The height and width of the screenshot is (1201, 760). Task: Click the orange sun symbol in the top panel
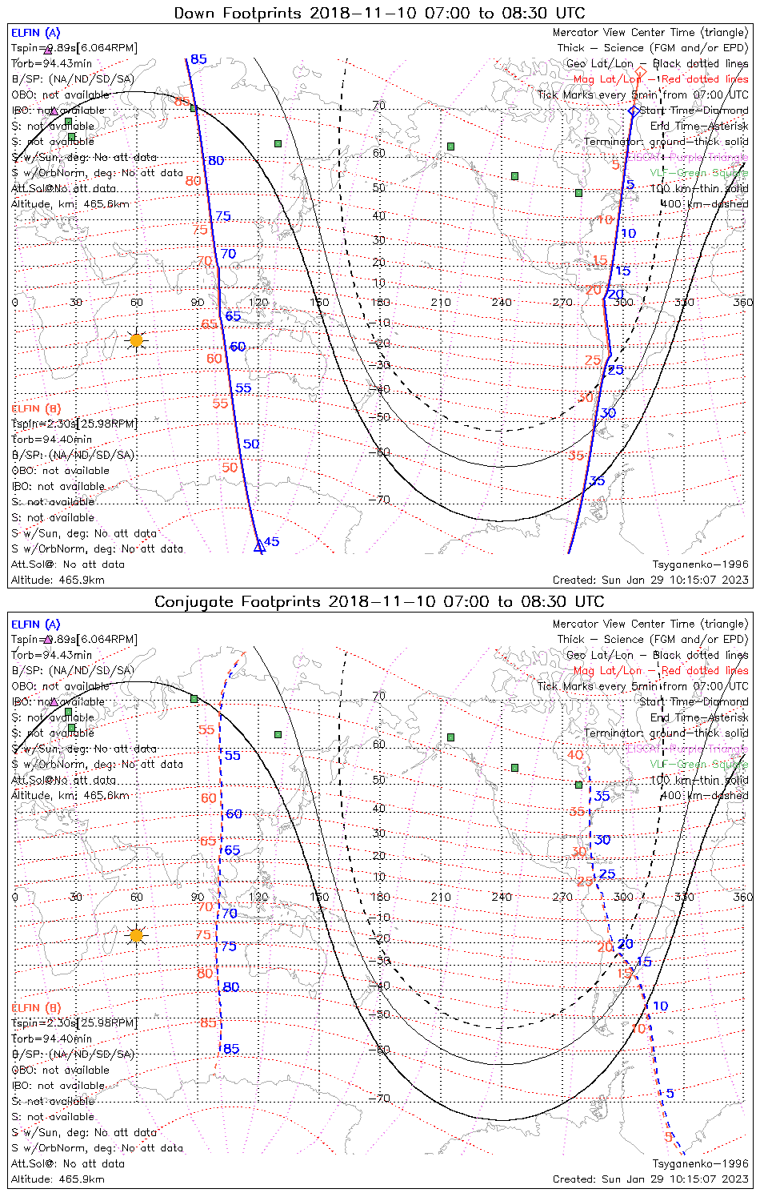click(137, 340)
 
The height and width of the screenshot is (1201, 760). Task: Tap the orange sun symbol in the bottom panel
click(137, 935)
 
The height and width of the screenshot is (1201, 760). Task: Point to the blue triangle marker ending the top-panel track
click(258, 548)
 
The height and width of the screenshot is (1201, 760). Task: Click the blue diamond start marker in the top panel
click(634, 110)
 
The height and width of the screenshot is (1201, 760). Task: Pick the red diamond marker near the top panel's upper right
click(640, 72)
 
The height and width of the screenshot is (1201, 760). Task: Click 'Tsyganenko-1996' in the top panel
click(700, 564)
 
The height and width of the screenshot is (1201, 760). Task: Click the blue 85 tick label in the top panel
click(198, 59)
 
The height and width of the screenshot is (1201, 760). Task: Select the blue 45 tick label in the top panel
click(271, 542)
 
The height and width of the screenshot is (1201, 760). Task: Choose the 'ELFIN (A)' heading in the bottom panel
click(36, 625)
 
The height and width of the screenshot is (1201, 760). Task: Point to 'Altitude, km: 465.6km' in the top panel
click(70, 204)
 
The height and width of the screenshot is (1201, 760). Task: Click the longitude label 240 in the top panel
click(502, 302)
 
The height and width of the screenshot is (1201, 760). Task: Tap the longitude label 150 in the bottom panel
click(319, 897)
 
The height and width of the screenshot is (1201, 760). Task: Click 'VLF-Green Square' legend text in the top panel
click(698, 173)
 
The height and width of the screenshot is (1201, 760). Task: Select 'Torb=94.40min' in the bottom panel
click(52, 1038)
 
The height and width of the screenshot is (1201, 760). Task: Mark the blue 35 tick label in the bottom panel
click(602, 796)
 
